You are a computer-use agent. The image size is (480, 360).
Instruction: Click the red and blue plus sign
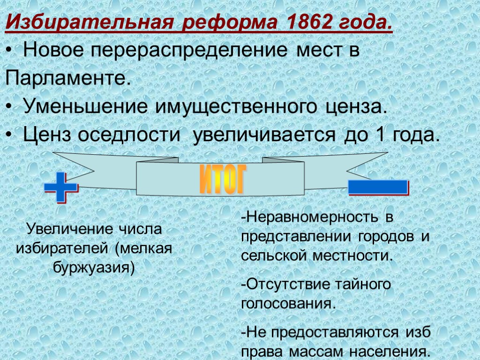click(x=61, y=187)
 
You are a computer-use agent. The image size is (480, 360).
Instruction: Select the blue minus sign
click(x=378, y=187)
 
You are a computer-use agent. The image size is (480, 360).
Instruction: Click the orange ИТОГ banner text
click(x=223, y=179)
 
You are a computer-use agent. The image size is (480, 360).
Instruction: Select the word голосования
click(x=288, y=303)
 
